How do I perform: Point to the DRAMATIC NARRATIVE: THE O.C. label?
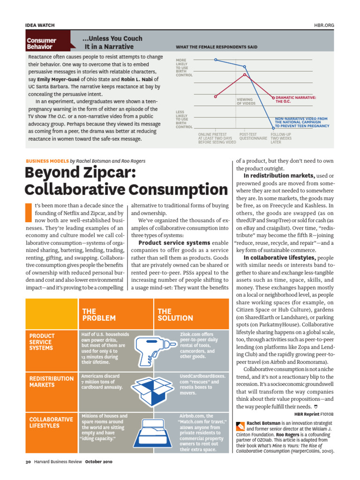(295, 99)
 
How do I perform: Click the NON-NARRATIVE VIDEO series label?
(301, 122)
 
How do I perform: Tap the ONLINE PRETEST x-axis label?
(217, 138)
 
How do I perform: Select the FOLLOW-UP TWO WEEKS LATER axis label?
(281, 138)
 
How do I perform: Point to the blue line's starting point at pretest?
(216, 60)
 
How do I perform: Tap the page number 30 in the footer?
(28, 462)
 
